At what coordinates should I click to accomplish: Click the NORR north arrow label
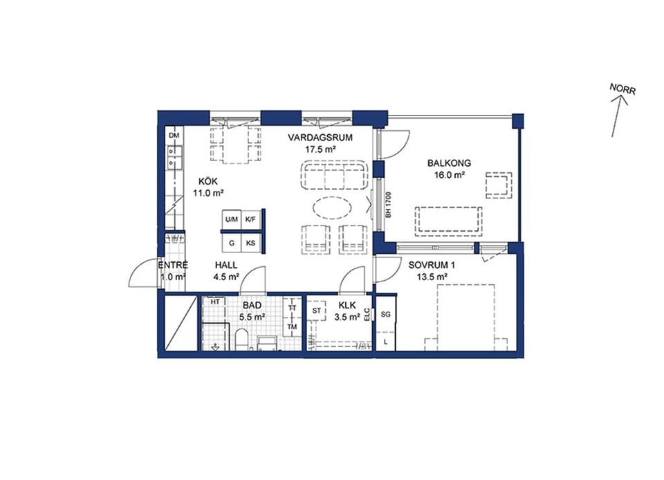coord(622,89)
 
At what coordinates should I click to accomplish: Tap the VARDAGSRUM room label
coord(320,138)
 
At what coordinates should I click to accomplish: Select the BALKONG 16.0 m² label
coord(449,169)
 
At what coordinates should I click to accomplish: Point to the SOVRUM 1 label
coord(432,266)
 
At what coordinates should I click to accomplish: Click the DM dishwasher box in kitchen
coord(174,136)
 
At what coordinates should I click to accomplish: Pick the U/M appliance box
coord(232,220)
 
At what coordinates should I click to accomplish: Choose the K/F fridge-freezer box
coord(250,220)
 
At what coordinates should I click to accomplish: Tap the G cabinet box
coord(232,243)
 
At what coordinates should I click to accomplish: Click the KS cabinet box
coord(250,243)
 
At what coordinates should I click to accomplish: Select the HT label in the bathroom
coord(215,302)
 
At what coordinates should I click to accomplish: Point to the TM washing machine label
coord(292,326)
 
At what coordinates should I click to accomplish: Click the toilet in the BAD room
coord(243,340)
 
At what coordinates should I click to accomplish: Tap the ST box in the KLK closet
coord(316,311)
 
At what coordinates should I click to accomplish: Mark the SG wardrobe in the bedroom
coord(385,315)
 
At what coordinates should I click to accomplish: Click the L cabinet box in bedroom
coord(385,342)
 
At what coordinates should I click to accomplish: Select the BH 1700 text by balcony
coord(388,205)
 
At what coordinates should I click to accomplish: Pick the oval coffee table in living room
coord(333,207)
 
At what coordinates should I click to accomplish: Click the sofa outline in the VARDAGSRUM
coord(334,175)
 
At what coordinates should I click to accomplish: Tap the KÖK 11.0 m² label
coord(208,187)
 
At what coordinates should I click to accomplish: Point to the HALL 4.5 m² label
coord(226,271)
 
